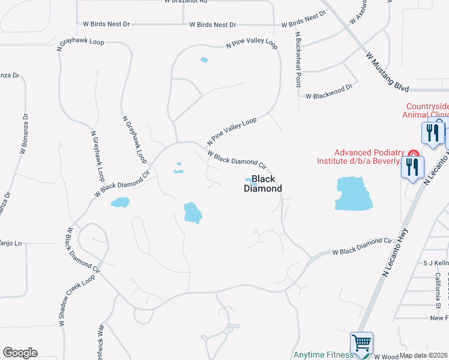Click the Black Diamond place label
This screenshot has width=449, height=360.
tap(263, 184)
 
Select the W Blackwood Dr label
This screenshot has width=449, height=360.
tap(328, 95)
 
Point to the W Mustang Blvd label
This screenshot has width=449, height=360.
tap(387, 71)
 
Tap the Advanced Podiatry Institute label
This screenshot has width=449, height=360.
tap(359, 157)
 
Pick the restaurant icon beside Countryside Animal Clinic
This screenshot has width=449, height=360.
tap(432, 131)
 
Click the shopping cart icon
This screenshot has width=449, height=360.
tap(361, 343)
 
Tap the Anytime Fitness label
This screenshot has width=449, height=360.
tap(321, 355)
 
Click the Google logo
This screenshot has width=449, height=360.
tap(20, 353)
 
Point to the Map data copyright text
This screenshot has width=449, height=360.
tap(424, 355)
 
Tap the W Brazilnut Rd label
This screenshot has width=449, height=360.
tap(185, 2)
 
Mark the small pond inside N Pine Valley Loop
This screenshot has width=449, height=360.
tap(204, 60)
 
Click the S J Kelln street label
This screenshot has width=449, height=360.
tap(436, 263)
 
